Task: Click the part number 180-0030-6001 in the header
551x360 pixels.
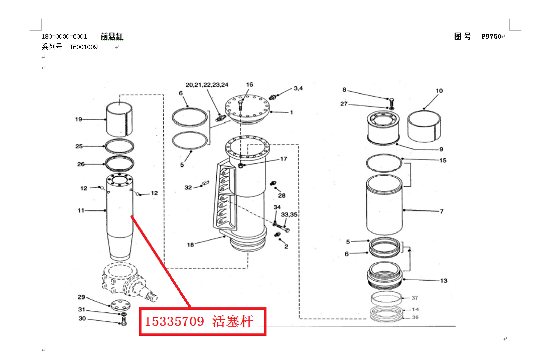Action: tap(64, 37)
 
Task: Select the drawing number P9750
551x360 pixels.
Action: tap(491, 36)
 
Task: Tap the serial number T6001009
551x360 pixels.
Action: tap(83, 47)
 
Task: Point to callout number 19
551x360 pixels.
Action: tap(79, 119)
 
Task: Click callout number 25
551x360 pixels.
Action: tap(79, 147)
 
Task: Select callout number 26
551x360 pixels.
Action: tap(81, 164)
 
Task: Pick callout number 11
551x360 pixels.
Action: tap(81, 211)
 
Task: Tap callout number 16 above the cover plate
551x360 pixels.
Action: tap(249, 85)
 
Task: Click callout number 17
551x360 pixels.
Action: tap(284, 159)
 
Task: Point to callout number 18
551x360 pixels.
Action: tap(190, 245)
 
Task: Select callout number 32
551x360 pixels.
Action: tap(188, 188)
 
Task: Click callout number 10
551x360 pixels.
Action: tap(439, 91)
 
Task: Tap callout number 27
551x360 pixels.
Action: tap(344, 104)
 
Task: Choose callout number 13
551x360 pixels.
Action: tap(444, 281)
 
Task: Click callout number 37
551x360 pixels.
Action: tap(415, 298)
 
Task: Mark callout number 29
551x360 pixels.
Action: tap(81, 297)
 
